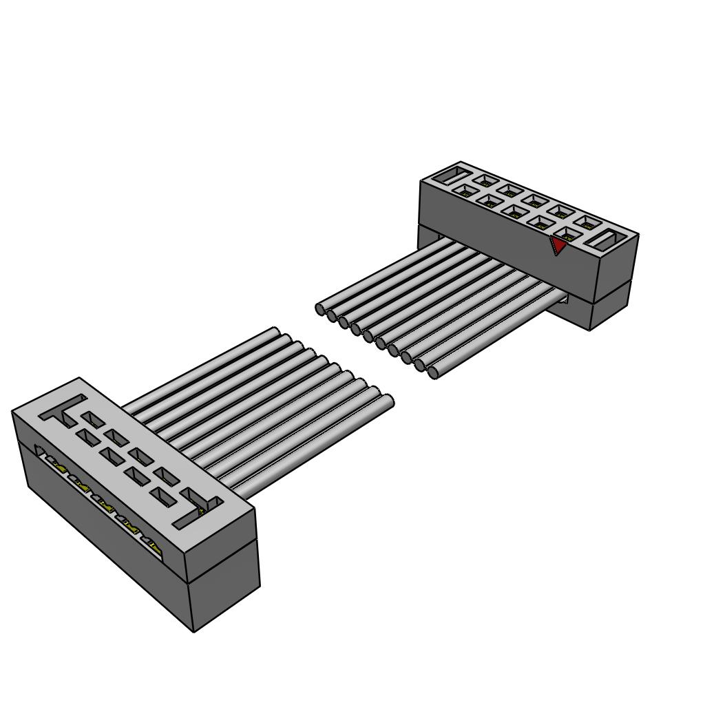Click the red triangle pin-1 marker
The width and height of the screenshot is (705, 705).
point(558,245)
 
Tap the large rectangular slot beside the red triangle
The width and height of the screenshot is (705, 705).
point(609,241)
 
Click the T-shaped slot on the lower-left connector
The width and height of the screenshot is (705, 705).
point(64,410)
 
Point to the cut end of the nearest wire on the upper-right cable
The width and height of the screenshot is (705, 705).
point(433,372)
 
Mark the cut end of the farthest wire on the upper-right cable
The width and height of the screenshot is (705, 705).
point(320,309)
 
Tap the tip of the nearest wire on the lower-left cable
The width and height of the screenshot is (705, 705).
point(388,401)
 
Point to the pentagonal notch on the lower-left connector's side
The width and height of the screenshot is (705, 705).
point(40,452)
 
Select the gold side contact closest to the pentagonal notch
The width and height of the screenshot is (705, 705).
point(58,468)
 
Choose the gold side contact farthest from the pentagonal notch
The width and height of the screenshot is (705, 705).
point(154,548)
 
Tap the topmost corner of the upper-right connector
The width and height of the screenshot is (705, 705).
point(459,162)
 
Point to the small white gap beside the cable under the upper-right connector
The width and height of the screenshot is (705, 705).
point(562,297)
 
